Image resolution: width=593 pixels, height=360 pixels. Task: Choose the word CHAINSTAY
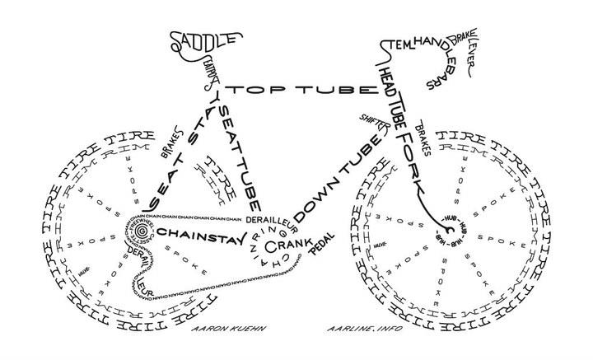201,233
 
